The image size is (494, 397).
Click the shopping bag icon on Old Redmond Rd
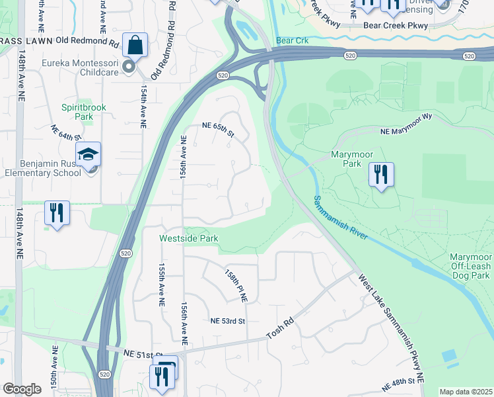click(135, 45)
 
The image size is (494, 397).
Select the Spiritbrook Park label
click(84, 111)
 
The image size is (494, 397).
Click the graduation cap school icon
click(88, 155)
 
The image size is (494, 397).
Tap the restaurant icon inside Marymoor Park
click(381, 175)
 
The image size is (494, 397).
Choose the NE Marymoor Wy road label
click(406, 132)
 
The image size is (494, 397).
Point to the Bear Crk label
click(293, 41)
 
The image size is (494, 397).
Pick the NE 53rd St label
click(228, 321)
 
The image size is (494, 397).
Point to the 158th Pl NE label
click(236, 285)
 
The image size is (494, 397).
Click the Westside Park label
click(189, 238)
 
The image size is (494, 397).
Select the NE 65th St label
click(218, 128)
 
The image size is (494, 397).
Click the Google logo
click(22, 389)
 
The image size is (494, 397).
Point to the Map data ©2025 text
click(465, 392)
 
